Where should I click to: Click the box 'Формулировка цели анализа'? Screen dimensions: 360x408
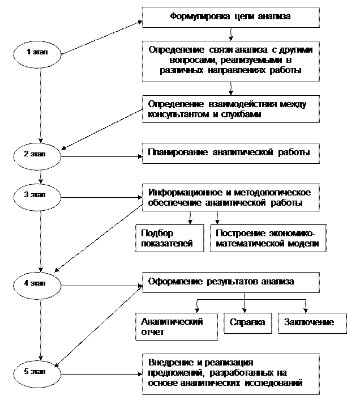click(x=230, y=17)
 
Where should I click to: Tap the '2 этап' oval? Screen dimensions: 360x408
click(x=37, y=155)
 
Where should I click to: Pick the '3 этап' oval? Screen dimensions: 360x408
click(x=37, y=196)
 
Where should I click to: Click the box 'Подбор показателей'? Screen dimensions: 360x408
click(x=170, y=239)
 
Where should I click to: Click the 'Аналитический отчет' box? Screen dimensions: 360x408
click(x=177, y=326)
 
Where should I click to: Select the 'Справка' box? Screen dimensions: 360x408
click(x=247, y=322)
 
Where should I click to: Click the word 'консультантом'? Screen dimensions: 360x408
click(x=172, y=115)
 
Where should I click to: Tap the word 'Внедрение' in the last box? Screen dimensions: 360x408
click(x=168, y=362)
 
